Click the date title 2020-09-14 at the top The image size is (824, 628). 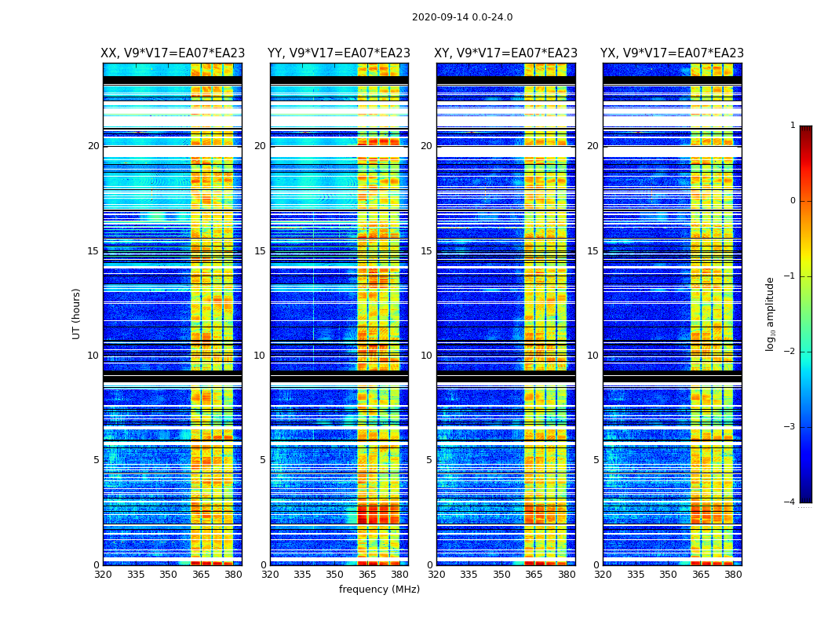(461, 17)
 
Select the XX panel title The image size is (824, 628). (173, 53)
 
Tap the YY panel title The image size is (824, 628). (339, 53)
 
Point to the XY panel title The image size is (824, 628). (506, 53)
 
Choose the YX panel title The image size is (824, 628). (672, 53)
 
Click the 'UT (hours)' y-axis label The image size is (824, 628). (77, 313)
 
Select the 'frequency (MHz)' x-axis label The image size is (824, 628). (379, 590)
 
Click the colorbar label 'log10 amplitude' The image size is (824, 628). (771, 313)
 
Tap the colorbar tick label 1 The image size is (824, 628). (792, 126)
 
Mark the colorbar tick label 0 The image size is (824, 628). (792, 201)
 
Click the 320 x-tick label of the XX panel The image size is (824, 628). (103, 575)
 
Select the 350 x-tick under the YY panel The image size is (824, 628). (335, 575)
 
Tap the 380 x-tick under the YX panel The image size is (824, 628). (733, 575)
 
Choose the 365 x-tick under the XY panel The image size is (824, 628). (534, 575)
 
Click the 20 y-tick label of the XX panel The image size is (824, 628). (93, 146)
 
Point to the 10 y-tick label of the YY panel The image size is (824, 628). (260, 356)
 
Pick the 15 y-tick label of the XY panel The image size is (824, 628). (426, 251)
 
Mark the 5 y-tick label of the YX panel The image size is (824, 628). (596, 460)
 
